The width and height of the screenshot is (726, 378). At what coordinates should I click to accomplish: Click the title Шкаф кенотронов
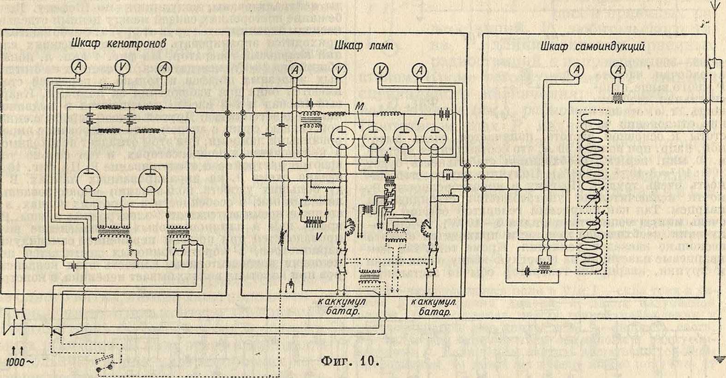click(119, 44)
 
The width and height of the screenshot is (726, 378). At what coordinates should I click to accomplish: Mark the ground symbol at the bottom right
click(719, 357)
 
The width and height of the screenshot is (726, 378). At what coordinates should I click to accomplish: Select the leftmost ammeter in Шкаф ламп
click(298, 70)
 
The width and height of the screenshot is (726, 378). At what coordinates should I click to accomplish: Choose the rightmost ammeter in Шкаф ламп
click(420, 70)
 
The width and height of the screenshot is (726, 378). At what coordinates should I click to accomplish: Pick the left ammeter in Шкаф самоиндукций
click(575, 70)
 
